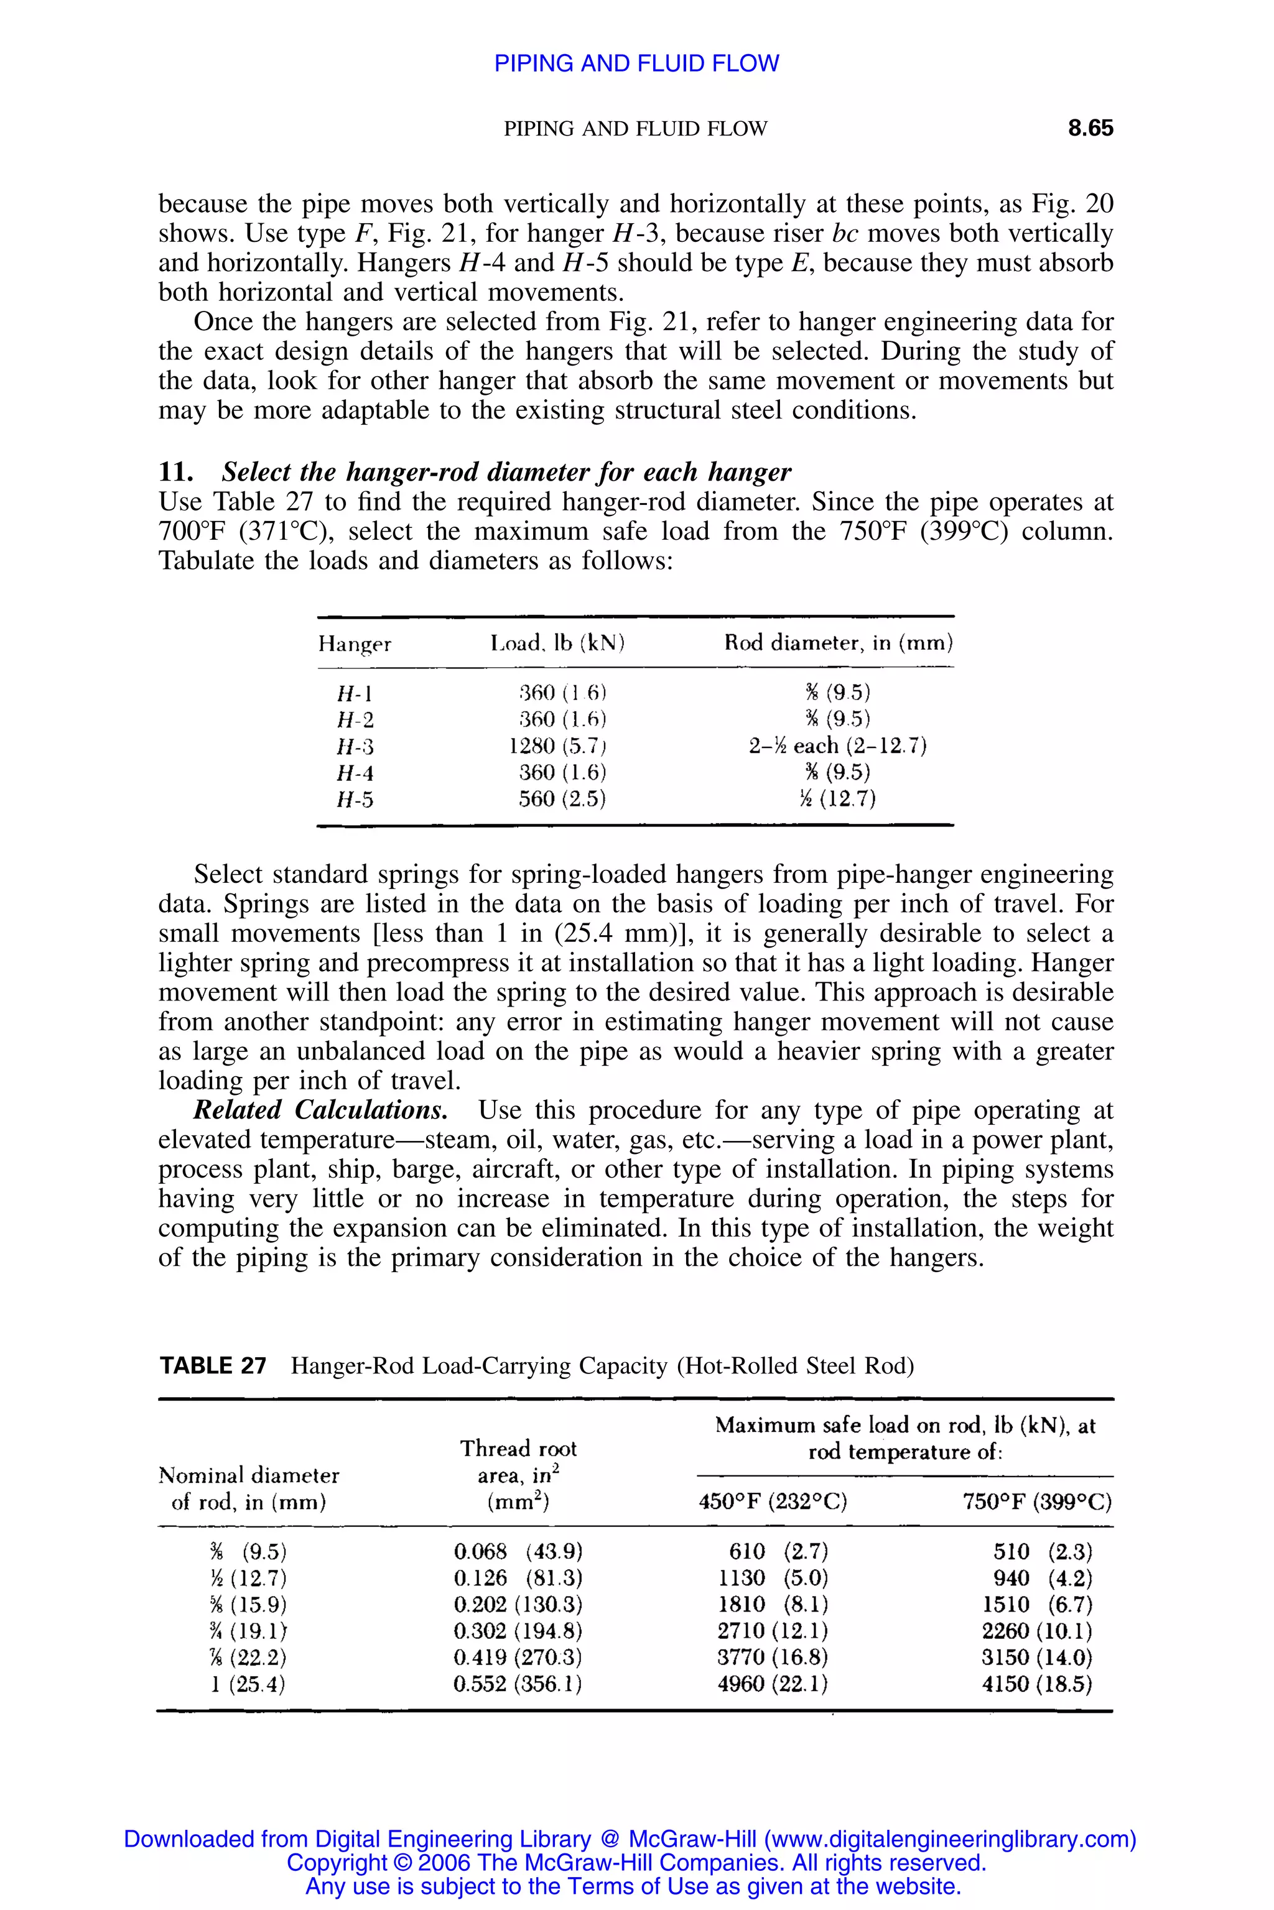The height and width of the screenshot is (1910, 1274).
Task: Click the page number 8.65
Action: pos(1090,128)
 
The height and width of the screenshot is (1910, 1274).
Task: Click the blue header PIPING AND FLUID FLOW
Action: pos(636,63)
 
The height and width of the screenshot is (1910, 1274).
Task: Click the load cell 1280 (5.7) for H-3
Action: pos(557,745)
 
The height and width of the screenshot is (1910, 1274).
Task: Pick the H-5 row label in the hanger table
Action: pos(355,800)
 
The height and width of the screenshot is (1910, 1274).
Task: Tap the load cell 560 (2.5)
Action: pos(562,799)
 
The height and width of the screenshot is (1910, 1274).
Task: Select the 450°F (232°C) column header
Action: pos(773,1502)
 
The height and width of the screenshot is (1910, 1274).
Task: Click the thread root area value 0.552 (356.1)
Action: pos(518,1684)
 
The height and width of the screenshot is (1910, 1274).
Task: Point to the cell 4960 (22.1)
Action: pos(772,1684)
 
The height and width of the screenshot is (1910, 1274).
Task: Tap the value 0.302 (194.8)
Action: pos(518,1631)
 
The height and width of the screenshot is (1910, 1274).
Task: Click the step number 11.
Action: pos(175,472)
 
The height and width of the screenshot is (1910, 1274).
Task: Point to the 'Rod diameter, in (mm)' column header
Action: pos(839,643)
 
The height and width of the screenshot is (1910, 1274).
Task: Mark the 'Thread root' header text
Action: pos(518,1449)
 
